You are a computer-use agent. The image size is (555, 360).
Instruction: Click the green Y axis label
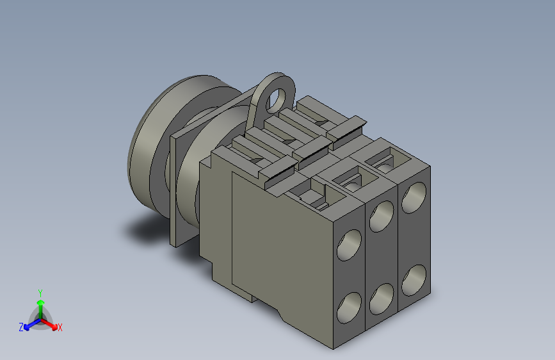click(40, 293)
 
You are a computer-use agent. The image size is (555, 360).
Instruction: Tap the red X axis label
click(60, 327)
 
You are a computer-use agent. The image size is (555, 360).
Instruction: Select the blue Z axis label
click(21, 327)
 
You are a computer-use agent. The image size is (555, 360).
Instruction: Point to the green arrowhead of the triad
click(41, 303)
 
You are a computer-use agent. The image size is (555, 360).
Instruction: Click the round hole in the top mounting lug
click(278, 99)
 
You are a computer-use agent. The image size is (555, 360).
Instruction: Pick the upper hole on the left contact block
click(349, 245)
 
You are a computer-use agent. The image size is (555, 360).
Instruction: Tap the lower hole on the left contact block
click(349, 307)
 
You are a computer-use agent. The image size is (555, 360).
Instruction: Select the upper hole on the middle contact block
click(382, 216)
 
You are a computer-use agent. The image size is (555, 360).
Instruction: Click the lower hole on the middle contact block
click(382, 299)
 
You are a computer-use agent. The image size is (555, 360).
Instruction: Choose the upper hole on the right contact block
click(414, 198)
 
